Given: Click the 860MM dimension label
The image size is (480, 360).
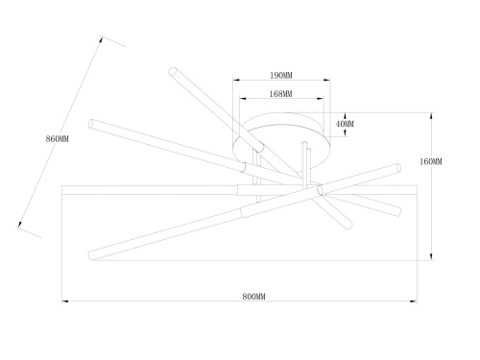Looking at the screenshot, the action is pos(58,139).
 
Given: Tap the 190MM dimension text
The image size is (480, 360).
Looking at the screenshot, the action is pos(281,76).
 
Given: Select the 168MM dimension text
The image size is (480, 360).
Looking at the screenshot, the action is pos(280,94).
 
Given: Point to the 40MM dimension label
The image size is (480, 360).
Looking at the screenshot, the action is pos(345,124).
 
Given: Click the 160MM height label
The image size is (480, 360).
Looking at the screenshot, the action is pos(431,161).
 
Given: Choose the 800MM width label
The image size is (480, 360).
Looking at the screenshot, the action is pos(253,297).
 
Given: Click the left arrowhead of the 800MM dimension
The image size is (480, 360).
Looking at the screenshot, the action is pos(65,301).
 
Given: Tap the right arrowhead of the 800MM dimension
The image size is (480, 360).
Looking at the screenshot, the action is pos(414,301).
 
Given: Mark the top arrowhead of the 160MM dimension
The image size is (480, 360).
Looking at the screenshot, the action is pos(431,116).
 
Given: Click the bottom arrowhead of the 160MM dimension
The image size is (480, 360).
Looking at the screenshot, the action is pos(431,256).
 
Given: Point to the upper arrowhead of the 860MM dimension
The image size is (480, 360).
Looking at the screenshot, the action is pos(101,39).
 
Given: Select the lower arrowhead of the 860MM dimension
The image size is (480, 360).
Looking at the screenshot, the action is pos(20,224).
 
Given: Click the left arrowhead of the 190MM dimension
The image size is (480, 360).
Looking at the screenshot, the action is pos(236,80).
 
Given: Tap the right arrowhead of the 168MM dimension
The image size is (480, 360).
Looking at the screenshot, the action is pos(321,98).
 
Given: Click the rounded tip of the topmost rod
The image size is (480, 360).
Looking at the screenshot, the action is pos(173,71).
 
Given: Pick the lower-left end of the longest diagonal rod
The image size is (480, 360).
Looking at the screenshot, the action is pos(91,255).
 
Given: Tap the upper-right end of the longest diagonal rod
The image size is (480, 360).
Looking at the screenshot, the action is pos(397,168).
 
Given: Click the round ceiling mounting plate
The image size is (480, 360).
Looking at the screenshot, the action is pos(282,141).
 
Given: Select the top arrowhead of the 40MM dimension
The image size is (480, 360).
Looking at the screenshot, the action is pos(345,116).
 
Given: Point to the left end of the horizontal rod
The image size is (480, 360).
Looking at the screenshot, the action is pos(62,190).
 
